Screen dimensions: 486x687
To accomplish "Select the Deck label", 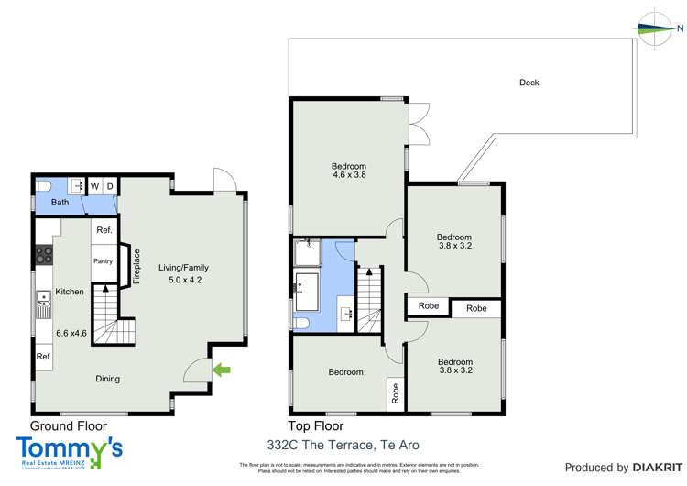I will [529, 83].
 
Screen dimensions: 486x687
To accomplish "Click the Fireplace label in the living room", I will [136, 267].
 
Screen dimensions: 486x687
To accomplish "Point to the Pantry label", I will [104, 261].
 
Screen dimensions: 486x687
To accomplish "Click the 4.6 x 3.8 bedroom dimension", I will [349, 174].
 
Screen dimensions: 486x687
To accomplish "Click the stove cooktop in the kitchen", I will [42, 252].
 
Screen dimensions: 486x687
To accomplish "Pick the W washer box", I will [94, 186].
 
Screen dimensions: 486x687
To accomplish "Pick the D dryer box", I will [110, 186].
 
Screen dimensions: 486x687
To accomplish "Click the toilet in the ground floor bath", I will [42, 186].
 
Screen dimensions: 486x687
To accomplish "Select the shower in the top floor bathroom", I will [307, 252].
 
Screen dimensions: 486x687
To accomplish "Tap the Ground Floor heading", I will [69, 426].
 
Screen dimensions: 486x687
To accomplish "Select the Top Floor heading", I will [316, 426].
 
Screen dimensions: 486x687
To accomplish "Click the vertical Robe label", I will [396, 393].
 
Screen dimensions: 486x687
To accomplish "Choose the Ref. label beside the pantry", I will [104, 230].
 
